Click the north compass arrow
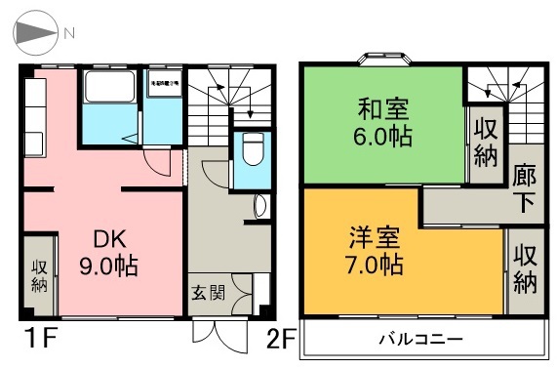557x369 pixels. tap(35, 32)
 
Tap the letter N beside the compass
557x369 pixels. tap(69, 32)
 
